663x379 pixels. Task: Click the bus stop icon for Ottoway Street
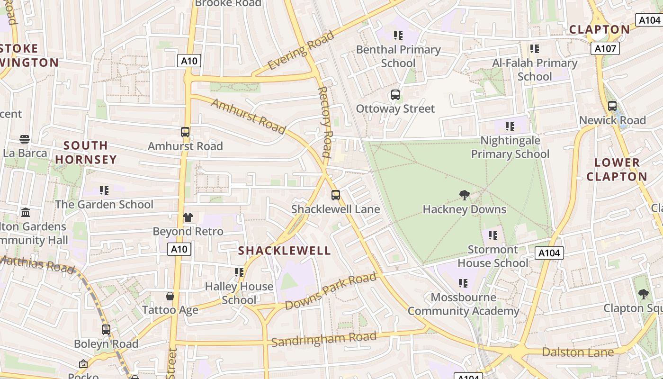click(395, 95)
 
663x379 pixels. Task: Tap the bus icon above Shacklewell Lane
click(336, 195)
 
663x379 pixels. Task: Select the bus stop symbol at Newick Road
click(612, 106)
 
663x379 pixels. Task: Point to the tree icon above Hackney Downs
click(465, 195)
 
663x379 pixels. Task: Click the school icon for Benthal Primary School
click(398, 35)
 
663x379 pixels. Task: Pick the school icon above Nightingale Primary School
click(510, 126)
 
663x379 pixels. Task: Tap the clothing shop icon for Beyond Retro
click(188, 217)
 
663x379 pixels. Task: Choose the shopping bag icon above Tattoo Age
click(170, 296)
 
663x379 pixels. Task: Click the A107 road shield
click(605, 48)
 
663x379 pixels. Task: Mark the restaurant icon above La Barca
click(25, 139)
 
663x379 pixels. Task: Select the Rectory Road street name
click(325, 122)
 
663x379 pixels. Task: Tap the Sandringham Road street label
click(324, 339)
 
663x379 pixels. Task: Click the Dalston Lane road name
click(578, 352)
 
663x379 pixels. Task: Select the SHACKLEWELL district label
click(285, 251)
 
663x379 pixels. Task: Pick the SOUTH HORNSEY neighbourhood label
click(86, 152)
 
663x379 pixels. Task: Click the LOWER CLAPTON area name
click(617, 170)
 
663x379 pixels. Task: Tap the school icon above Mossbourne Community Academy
click(463, 283)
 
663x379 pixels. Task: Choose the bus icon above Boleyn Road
click(106, 330)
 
